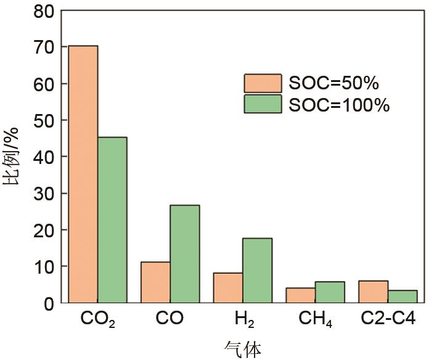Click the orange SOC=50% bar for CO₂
tap(83, 174)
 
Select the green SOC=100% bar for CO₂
tap(112, 219)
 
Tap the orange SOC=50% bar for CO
tap(155, 282)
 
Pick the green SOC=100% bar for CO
tap(184, 253)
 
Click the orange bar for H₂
tap(227, 287)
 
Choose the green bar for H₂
tap(257, 270)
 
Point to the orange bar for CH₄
tap(300, 295)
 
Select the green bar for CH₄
tap(330, 292)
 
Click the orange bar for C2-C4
tap(373, 292)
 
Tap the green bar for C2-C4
tap(402, 297)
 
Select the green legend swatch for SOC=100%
tap(263, 104)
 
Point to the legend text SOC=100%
tap(339, 105)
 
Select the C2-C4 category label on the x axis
tap(388, 319)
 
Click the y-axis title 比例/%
tap(14, 157)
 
